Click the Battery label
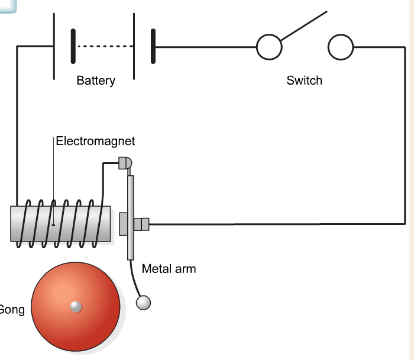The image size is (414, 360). pyautogui.click(x=96, y=81)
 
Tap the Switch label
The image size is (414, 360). pyautogui.click(x=304, y=81)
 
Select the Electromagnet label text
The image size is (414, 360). pyautogui.click(x=95, y=142)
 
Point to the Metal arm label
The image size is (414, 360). pyautogui.click(x=169, y=269)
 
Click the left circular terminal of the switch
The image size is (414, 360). pyautogui.click(x=269, y=47)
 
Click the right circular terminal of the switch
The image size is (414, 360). pyautogui.click(x=340, y=47)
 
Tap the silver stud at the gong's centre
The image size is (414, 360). pyautogui.click(x=76, y=306)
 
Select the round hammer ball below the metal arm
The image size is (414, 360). pyautogui.click(x=144, y=303)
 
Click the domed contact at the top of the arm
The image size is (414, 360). pyautogui.click(x=125, y=163)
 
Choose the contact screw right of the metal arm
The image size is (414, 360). pyautogui.click(x=143, y=224)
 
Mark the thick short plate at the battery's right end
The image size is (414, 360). pyautogui.click(x=153, y=46)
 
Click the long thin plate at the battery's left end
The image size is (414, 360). pyautogui.click(x=54, y=46)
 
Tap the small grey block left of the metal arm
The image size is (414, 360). pyautogui.click(x=123, y=224)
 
